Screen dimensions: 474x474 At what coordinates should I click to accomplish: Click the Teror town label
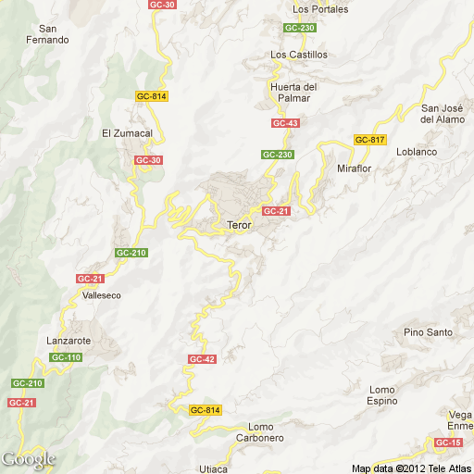coord(239,225)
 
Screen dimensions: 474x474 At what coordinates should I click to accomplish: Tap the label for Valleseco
coord(102,295)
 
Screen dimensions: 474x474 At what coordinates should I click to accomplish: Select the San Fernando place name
coord(47,34)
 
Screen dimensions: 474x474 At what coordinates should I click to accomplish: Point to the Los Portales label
coord(319,9)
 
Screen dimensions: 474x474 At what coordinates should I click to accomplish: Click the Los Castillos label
coord(299,55)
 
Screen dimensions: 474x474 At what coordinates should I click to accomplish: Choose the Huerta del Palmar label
coord(294,93)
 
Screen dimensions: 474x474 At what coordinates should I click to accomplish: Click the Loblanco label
coord(415,151)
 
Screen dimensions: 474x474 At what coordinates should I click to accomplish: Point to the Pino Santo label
coord(428,332)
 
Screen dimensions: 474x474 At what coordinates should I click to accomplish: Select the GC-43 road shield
coord(285,123)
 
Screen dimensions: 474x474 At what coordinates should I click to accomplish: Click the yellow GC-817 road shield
coord(369,140)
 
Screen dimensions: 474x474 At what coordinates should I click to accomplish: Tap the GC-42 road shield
coord(202,359)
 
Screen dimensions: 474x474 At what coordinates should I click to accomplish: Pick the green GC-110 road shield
coord(67,357)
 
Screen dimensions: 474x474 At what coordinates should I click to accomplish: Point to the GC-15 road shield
coord(448,443)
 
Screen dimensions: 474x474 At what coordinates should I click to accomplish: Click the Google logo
coord(28,459)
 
